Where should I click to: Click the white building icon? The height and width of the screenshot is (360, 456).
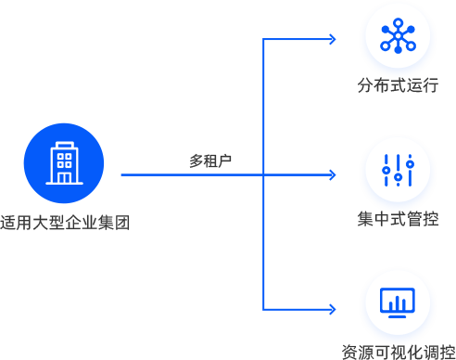(64, 162)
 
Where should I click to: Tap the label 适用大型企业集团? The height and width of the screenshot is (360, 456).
(64, 223)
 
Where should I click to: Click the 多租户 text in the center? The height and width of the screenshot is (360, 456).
(210, 161)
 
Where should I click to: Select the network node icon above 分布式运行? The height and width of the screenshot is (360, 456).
(398, 34)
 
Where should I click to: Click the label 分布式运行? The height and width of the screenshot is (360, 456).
(398, 86)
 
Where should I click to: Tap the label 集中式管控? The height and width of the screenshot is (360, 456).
(398, 220)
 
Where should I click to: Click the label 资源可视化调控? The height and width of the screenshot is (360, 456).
(398, 352)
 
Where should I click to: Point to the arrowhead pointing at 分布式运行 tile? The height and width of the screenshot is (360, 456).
(331, 39)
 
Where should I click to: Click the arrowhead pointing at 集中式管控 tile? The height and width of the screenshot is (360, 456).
(331, 174)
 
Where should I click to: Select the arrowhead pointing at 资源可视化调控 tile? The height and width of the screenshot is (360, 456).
(331, 308)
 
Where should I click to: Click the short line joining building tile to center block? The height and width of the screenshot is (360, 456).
(126, 174)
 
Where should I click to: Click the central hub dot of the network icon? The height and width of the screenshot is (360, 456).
(398, 35)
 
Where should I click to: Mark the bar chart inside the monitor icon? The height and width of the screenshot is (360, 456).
(398, 302)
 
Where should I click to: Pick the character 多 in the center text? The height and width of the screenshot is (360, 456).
(196, 161)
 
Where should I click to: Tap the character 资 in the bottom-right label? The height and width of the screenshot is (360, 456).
(348, 352)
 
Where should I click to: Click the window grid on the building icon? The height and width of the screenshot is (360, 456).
(64, 159)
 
